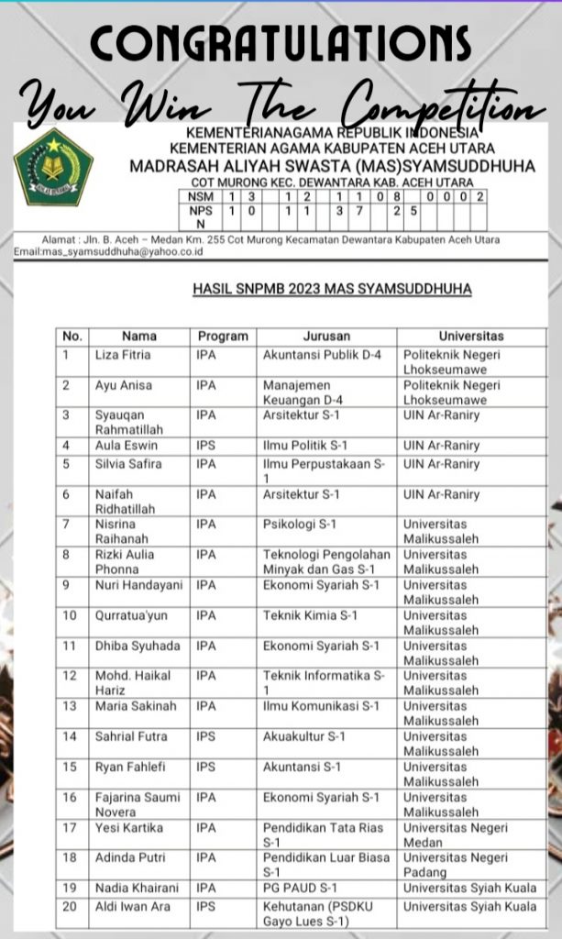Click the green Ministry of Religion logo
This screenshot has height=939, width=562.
(x=53, y=166)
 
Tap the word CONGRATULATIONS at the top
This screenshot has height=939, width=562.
(x=281, y=41)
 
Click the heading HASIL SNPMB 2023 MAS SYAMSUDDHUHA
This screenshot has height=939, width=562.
(x=332, y=290)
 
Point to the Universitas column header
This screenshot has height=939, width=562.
(x=470, y=336)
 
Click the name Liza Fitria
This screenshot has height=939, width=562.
(x=123, y=354)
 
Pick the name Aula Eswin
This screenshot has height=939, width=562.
(x=127, y=446)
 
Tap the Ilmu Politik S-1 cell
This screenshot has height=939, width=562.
(x=305, y=446)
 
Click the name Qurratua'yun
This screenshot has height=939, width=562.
(x=131, y=615)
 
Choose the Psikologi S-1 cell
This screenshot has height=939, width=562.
(x=298, y=525)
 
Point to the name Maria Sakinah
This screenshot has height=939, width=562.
(x=131, y=706)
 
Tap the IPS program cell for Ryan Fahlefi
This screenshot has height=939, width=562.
(x=206, y=767)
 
